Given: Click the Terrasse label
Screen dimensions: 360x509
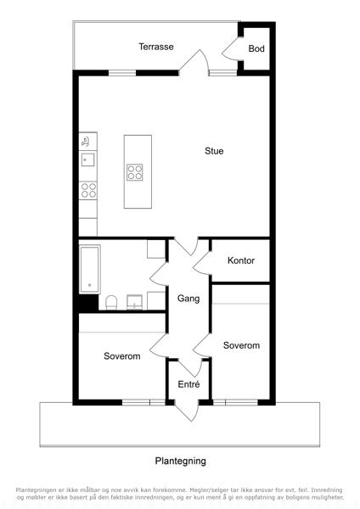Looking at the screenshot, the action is click(x=156, y=47).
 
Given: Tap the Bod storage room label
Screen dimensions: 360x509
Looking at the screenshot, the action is click(x=256, y=48).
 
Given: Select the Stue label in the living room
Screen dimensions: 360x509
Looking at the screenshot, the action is click(x=214, y=151).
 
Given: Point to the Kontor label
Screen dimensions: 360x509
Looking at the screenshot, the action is click(x=241, y=260).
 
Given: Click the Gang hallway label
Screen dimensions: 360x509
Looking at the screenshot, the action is click(x=188, y=299).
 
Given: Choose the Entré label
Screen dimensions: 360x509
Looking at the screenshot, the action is click(x=188, y=384).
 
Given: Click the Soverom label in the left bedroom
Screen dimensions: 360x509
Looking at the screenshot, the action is click(x=122, y=356).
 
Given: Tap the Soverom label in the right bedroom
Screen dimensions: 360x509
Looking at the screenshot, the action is click(x=241, y=345).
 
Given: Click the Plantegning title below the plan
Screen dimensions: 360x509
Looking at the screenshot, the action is click(x=180, y=461).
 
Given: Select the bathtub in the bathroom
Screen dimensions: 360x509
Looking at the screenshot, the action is click(x=90, y=270).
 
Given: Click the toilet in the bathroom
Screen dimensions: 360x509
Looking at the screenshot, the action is click(x=111, y=302).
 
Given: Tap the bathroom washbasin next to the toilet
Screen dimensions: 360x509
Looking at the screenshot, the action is click(x=134, y=302).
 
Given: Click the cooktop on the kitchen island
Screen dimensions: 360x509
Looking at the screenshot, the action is click(x=135, y=172).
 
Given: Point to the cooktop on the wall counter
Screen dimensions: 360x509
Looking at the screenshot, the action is click(x=88, y=190).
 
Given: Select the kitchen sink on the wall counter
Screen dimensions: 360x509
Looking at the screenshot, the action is click(x=87, y=159).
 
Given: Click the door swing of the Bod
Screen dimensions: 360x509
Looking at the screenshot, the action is click(x=233, y=48).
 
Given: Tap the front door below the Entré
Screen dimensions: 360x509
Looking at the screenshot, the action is click(x=187, y=411).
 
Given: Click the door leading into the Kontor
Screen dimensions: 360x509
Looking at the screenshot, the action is click(x=202, y=262).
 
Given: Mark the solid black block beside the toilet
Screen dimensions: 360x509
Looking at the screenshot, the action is click(x=88, y=303).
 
